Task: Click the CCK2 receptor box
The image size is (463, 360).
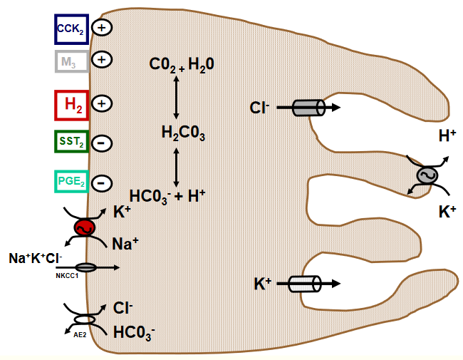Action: click(71, 29)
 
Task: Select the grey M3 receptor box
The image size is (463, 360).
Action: click(71, 61)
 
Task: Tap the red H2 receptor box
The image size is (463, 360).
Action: click(71, 104)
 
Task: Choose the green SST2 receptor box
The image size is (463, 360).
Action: click(71, 143)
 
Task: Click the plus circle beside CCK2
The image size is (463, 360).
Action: click(103, 29)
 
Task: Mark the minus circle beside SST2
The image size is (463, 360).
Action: click(103, 143)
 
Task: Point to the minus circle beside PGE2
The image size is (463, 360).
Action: click(103, 182)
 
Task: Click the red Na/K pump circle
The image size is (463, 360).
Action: click(85, 227)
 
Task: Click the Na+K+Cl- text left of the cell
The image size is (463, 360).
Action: click(36, 257)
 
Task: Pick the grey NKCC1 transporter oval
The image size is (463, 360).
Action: click(86, 267)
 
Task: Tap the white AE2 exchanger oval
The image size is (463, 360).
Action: click(85, 319)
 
